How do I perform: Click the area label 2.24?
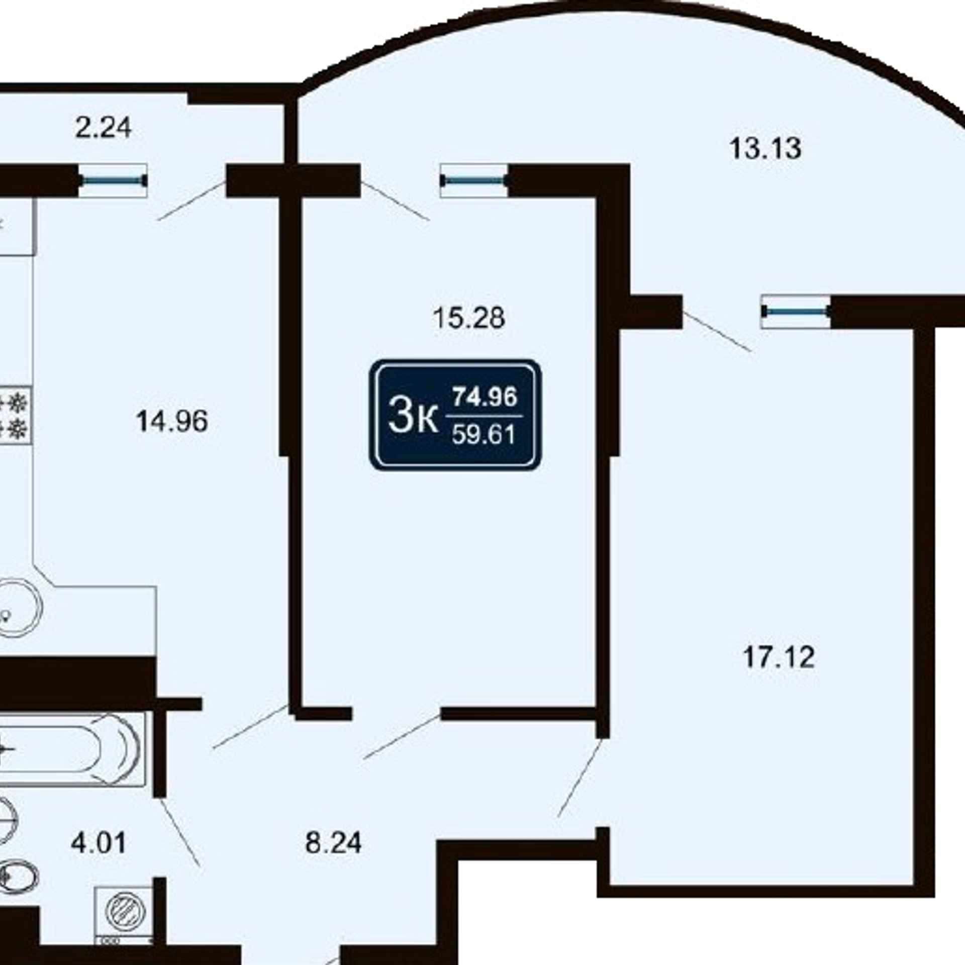[104, 128]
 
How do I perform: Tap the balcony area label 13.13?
[765, 149]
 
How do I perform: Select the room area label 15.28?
[469, 318]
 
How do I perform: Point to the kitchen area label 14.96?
[172, 421]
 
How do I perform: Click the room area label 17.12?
[779, 657]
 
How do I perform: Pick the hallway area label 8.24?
[333, 842]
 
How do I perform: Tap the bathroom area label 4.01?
[99, 842]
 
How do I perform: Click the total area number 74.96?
[485, 397]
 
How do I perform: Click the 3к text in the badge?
[413, 416]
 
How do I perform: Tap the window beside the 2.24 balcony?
[113, 180]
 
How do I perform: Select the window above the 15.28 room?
[474, 180]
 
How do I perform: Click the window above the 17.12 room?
[796, 312]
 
